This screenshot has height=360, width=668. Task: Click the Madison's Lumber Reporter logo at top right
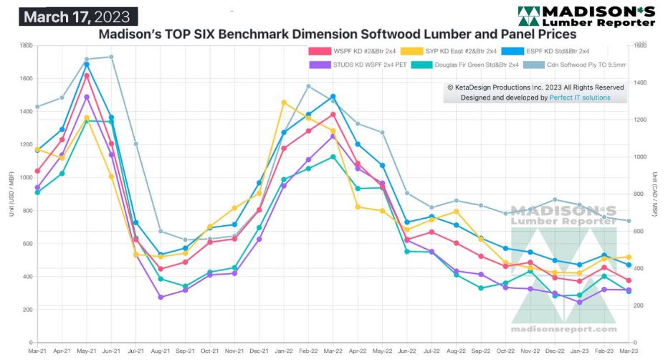point(586,15)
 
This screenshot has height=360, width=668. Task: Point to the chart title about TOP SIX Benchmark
point(337,34)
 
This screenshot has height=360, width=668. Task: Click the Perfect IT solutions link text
point(580,98)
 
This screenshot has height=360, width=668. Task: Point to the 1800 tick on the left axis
point(24,46)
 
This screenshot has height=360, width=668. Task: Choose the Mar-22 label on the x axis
point(333,351)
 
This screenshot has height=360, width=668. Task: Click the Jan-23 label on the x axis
point(579,351)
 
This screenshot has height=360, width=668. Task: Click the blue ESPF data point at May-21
point(87,65)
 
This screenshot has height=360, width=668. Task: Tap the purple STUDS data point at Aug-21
point(161,297)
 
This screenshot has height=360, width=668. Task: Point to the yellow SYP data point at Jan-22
point(284,103)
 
